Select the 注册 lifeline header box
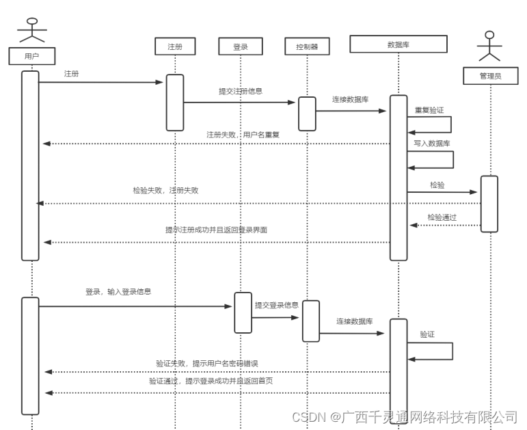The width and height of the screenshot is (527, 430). (x=175, y=46)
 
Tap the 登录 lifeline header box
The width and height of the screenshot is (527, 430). (x=241, y=46)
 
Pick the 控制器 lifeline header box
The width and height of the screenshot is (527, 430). (x=307, y=46)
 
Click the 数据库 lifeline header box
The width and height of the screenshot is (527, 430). (x=398, y=44)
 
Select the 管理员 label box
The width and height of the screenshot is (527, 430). (x=490, y=76)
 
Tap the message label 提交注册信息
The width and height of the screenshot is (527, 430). (x=241, y=91)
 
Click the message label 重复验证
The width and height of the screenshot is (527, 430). (x=429, y=109)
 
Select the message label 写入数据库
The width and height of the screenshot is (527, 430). (x=431, y=144)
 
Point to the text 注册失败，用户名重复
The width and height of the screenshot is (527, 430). (x=243, y=135)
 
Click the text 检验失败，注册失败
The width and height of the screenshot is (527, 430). (x=165, y=191)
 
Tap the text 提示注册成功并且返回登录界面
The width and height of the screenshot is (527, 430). (x=216, y=230)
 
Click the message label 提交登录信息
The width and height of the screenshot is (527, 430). (x=276, y=306)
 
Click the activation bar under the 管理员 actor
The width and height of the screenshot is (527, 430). (x=489, y=204)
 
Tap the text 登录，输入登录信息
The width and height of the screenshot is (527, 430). (x=118, y=291)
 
